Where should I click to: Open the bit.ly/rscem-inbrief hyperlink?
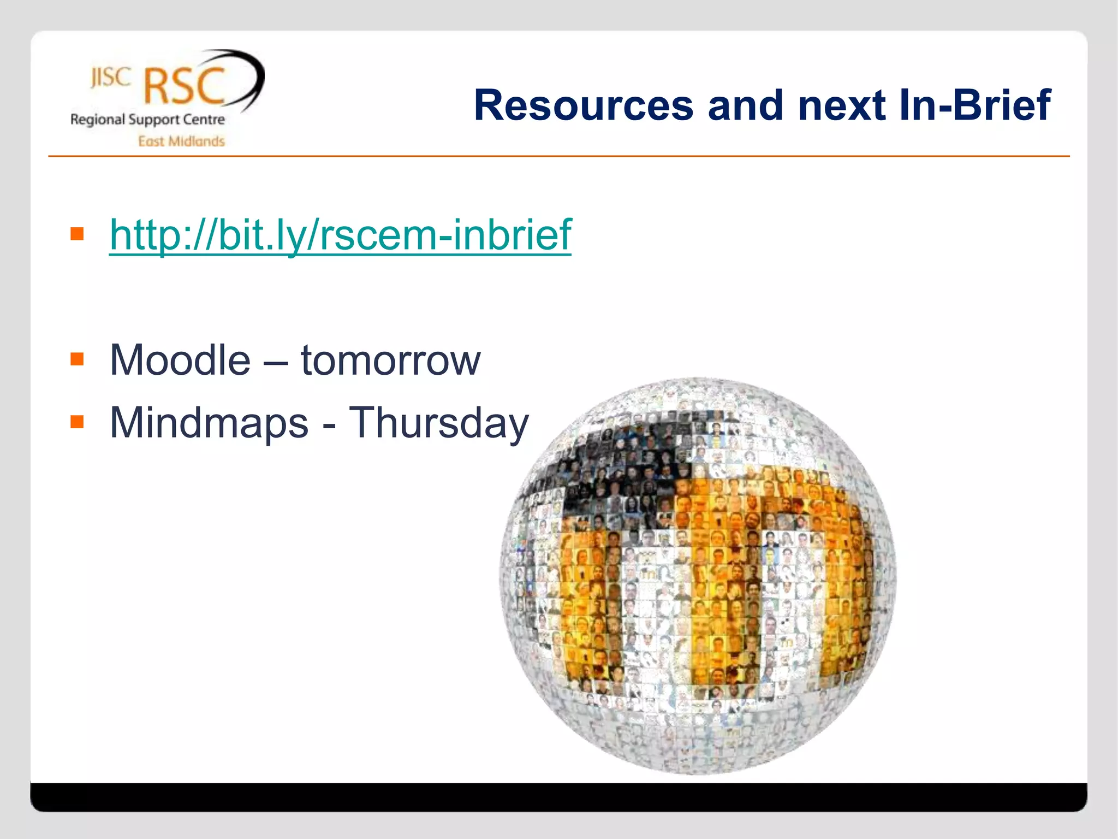point(340,235)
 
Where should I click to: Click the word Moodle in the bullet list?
point(180,360)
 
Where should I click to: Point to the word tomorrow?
point(390,360)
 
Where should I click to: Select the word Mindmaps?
point(209,423)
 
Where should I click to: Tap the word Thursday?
point(438,423)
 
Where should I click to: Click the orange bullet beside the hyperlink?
point(77,234)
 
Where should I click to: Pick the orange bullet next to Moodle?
point(77,359)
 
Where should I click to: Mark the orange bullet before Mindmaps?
point(77,422)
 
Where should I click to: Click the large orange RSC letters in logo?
point(184,86)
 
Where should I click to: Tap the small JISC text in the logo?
point(110,78)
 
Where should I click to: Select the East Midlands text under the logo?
point(181,141)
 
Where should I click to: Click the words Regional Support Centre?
point(147,120)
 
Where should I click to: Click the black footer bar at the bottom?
point(558,797)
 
